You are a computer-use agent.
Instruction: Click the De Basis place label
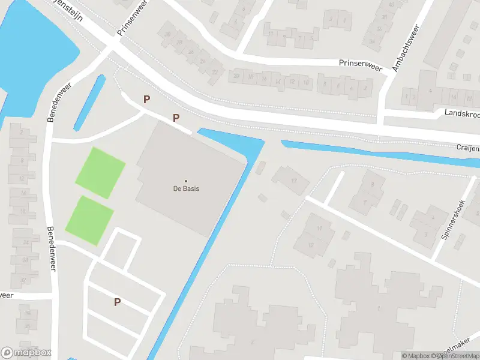pyautogui.click(x=185, y=188)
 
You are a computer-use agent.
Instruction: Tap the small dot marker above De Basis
pyautogui.click(x=185, y=181)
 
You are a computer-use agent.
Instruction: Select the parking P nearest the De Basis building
pyautogui.click(x=176, y=118)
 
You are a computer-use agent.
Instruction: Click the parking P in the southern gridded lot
pyautogui.click(x=117, y=302)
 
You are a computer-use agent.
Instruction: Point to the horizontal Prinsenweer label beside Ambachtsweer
pyautogui.click(x=361, y=62)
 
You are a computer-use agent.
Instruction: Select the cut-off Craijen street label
pyautogui.click(x=467, y=148)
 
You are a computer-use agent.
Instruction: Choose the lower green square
pyautogui.click(x=89, y=220)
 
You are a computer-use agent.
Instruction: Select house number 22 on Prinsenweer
pyautogui.click(x=214, y=73)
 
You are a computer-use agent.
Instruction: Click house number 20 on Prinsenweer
pyautogui.click(x=236, y=76)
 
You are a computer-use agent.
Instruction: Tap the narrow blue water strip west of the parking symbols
pyautogui.click(x=89, y=103)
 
